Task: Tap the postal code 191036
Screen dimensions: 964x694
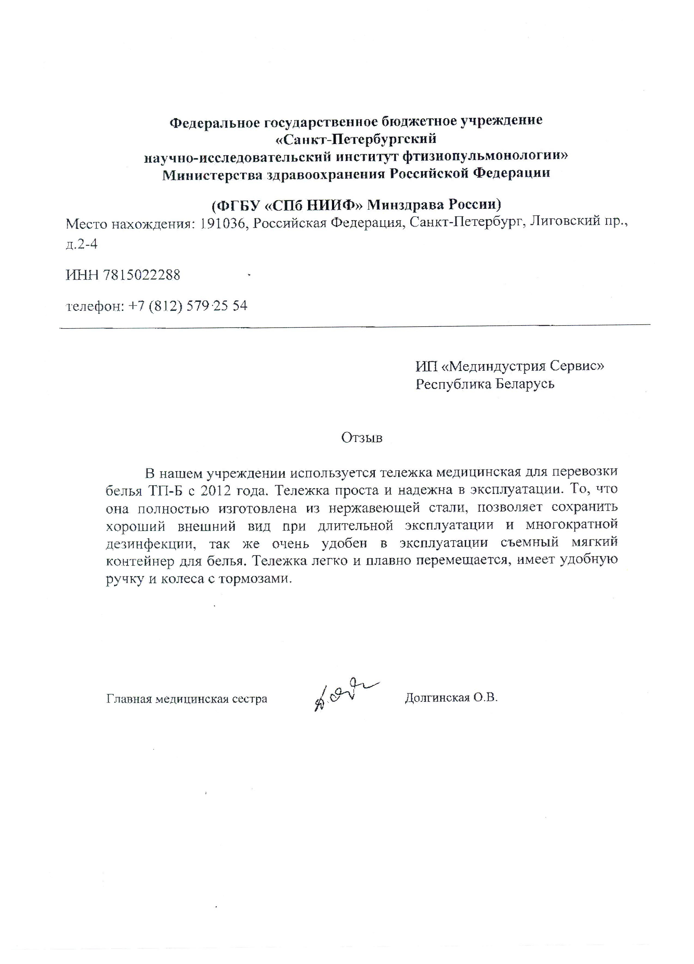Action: (223, 223)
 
